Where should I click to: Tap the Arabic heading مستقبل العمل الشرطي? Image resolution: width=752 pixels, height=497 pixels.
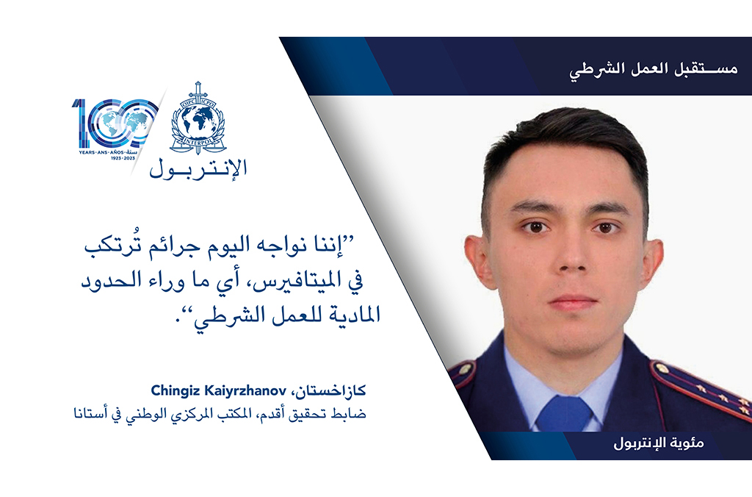point(653,69)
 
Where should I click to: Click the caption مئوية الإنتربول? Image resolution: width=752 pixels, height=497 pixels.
point(659,443)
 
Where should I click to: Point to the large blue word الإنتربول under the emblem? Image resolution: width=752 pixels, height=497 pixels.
point(198,169)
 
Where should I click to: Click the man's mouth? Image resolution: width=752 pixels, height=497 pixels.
point(572,302)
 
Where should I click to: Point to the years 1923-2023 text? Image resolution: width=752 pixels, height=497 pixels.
point(123,158)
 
